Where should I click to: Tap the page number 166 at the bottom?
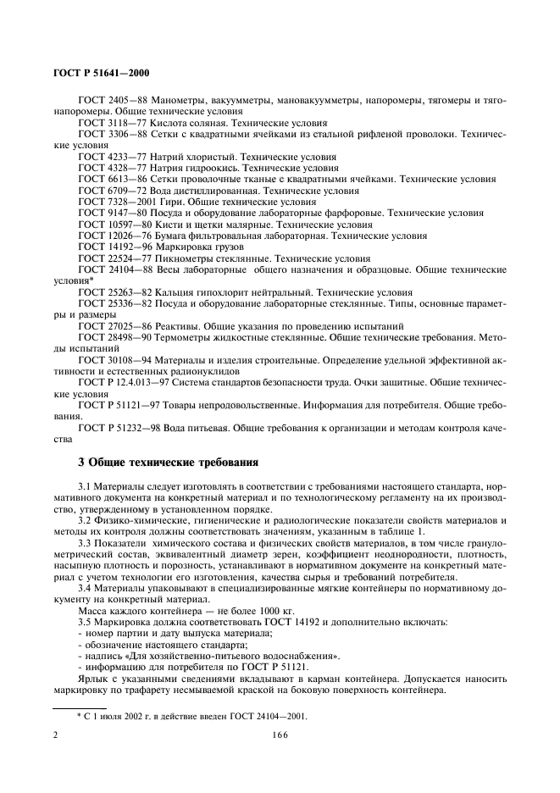[279, 737]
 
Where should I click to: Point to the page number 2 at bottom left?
[55, 737]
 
